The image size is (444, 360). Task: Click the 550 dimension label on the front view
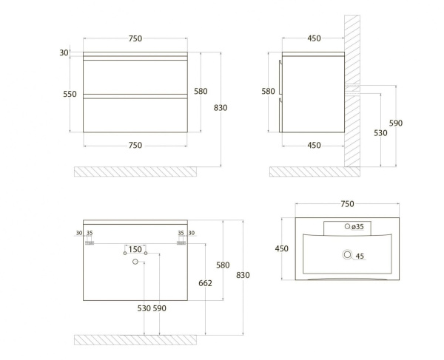[70, 95]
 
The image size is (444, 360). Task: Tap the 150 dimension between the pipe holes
[135, 249]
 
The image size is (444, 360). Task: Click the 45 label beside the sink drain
[360, 257]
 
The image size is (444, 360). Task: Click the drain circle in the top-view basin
[345, 256]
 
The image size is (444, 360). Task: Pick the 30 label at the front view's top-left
[64, 52]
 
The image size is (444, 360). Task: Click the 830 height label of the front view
[220, 108]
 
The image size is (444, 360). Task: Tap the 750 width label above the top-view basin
[347, 204]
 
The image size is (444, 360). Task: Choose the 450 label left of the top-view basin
[282, 249]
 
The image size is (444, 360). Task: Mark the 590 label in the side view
[396, 123]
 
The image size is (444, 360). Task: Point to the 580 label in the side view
[269, 92]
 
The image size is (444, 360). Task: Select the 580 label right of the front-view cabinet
[200, 91]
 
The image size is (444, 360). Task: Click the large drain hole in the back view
[135, 261]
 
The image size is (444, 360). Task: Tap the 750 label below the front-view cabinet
[135, 146]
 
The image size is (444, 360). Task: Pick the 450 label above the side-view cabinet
[314, 39]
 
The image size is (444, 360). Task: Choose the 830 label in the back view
[243, 276]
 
